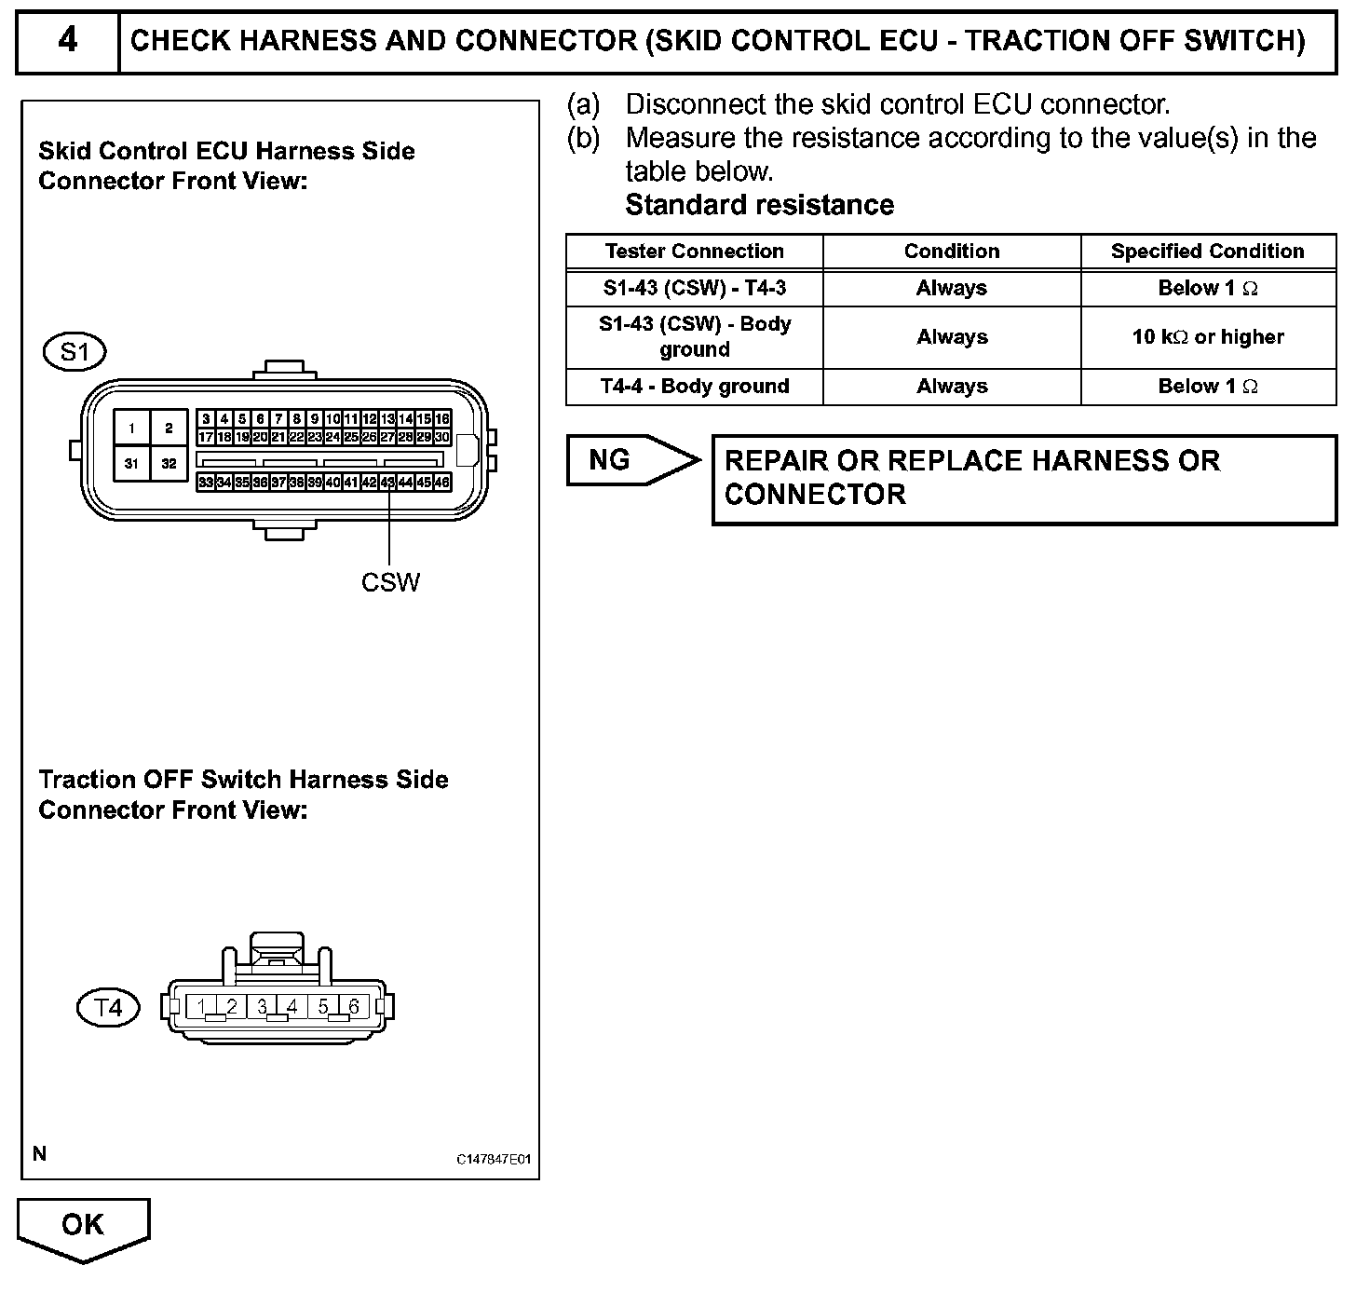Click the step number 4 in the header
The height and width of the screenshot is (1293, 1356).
[x=68, y=40]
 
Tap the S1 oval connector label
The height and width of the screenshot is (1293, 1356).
[x=75, y=352]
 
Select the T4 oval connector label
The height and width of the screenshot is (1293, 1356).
[x=108, y=1008]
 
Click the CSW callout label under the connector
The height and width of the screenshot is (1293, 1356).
[x=390, y=582]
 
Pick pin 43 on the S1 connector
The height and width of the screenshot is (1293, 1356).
[x=388, y=483]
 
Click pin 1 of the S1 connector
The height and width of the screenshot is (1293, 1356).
[x=132, y=429]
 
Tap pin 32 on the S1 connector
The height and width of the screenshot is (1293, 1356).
[x=169, y=463]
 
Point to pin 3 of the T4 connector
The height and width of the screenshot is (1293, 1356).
[x=263, y=1007]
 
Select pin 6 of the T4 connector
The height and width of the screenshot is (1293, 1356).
[x=354, y=1007]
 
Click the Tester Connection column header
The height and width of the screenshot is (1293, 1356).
[x=694, y=252]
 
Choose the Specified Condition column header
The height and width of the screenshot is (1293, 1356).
[x=1207, y=252]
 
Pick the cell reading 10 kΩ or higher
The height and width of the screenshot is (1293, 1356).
[x=1207, y=337]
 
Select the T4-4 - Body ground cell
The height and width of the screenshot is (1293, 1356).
[x=694, y=387]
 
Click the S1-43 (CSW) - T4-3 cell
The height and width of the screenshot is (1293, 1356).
[x=694, y=289]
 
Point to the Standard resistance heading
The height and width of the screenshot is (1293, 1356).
[x=759, y=205]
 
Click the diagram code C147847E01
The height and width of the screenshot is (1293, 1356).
[x=493, y=1160]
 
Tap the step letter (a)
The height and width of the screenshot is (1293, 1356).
[x=584, y=104]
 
